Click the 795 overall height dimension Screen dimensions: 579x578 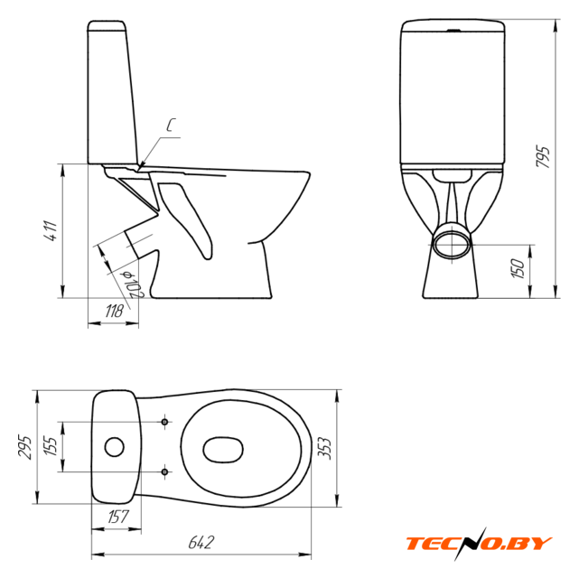[543, 157]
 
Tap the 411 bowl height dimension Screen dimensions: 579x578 [51, 231]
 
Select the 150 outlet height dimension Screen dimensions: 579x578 [518, 268]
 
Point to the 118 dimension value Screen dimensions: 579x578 [114, 312]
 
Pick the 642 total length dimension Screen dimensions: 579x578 [201, 542]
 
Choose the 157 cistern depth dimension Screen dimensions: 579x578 [118, 517]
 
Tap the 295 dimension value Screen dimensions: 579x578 [25, 447]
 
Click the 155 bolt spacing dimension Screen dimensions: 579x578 [51, 446]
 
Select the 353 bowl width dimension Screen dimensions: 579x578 [324, 448]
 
